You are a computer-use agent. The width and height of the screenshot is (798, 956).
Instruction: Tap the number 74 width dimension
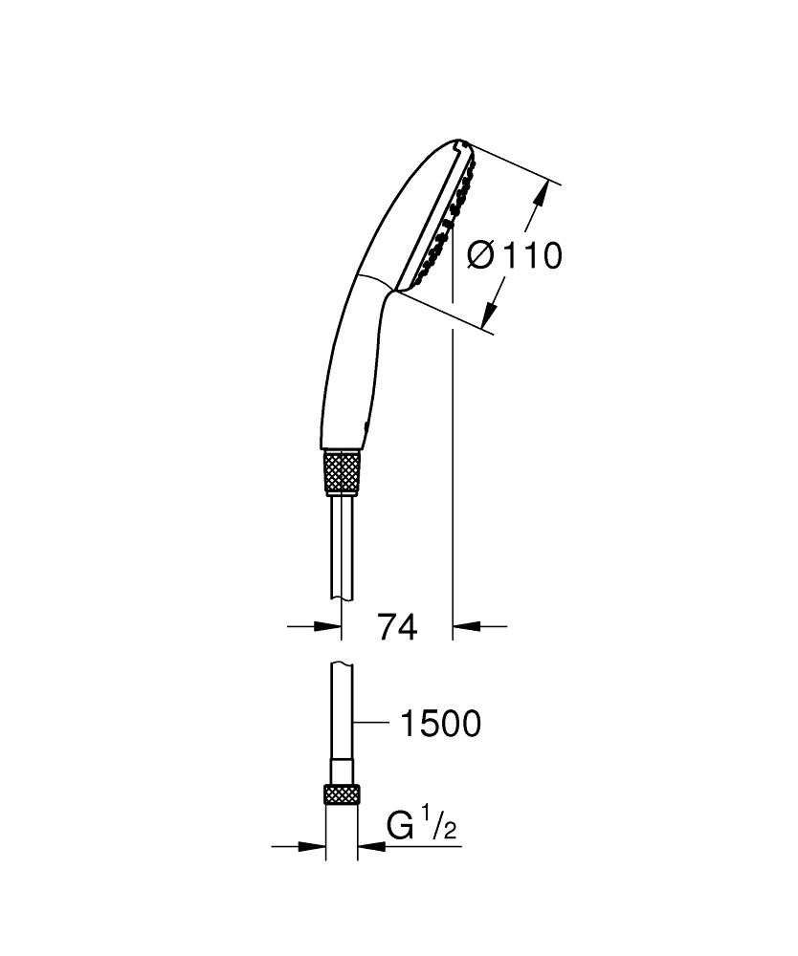pos(397,627)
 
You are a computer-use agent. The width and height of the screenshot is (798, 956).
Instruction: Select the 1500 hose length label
pos(439,724)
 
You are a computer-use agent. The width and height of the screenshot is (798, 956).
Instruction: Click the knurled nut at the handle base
pos(344,471)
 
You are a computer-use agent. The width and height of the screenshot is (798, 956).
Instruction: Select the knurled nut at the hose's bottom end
pos(343,796)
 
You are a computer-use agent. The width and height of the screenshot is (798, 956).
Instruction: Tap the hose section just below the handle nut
pos(343,545)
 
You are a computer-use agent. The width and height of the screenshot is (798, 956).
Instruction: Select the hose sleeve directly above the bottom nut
pos(343,770)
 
